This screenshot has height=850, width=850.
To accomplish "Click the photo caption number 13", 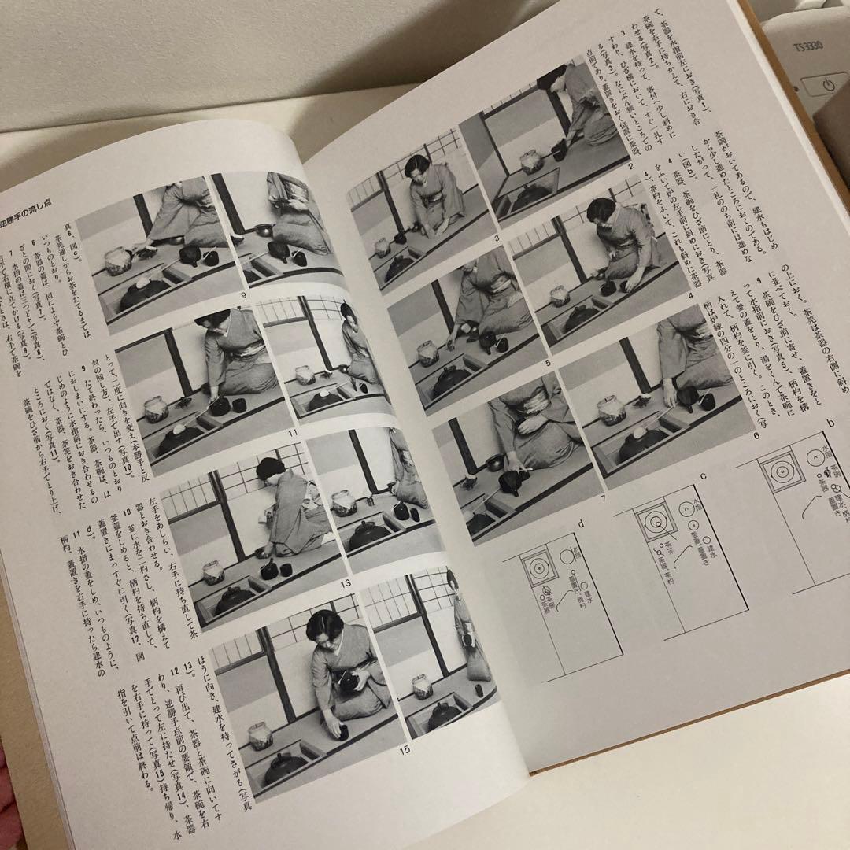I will [344, 583].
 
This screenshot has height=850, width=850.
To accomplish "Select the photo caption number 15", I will [404, 750].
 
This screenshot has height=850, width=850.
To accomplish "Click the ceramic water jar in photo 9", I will [117, 261].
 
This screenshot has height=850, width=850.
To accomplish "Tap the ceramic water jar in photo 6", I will [612, 409].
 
